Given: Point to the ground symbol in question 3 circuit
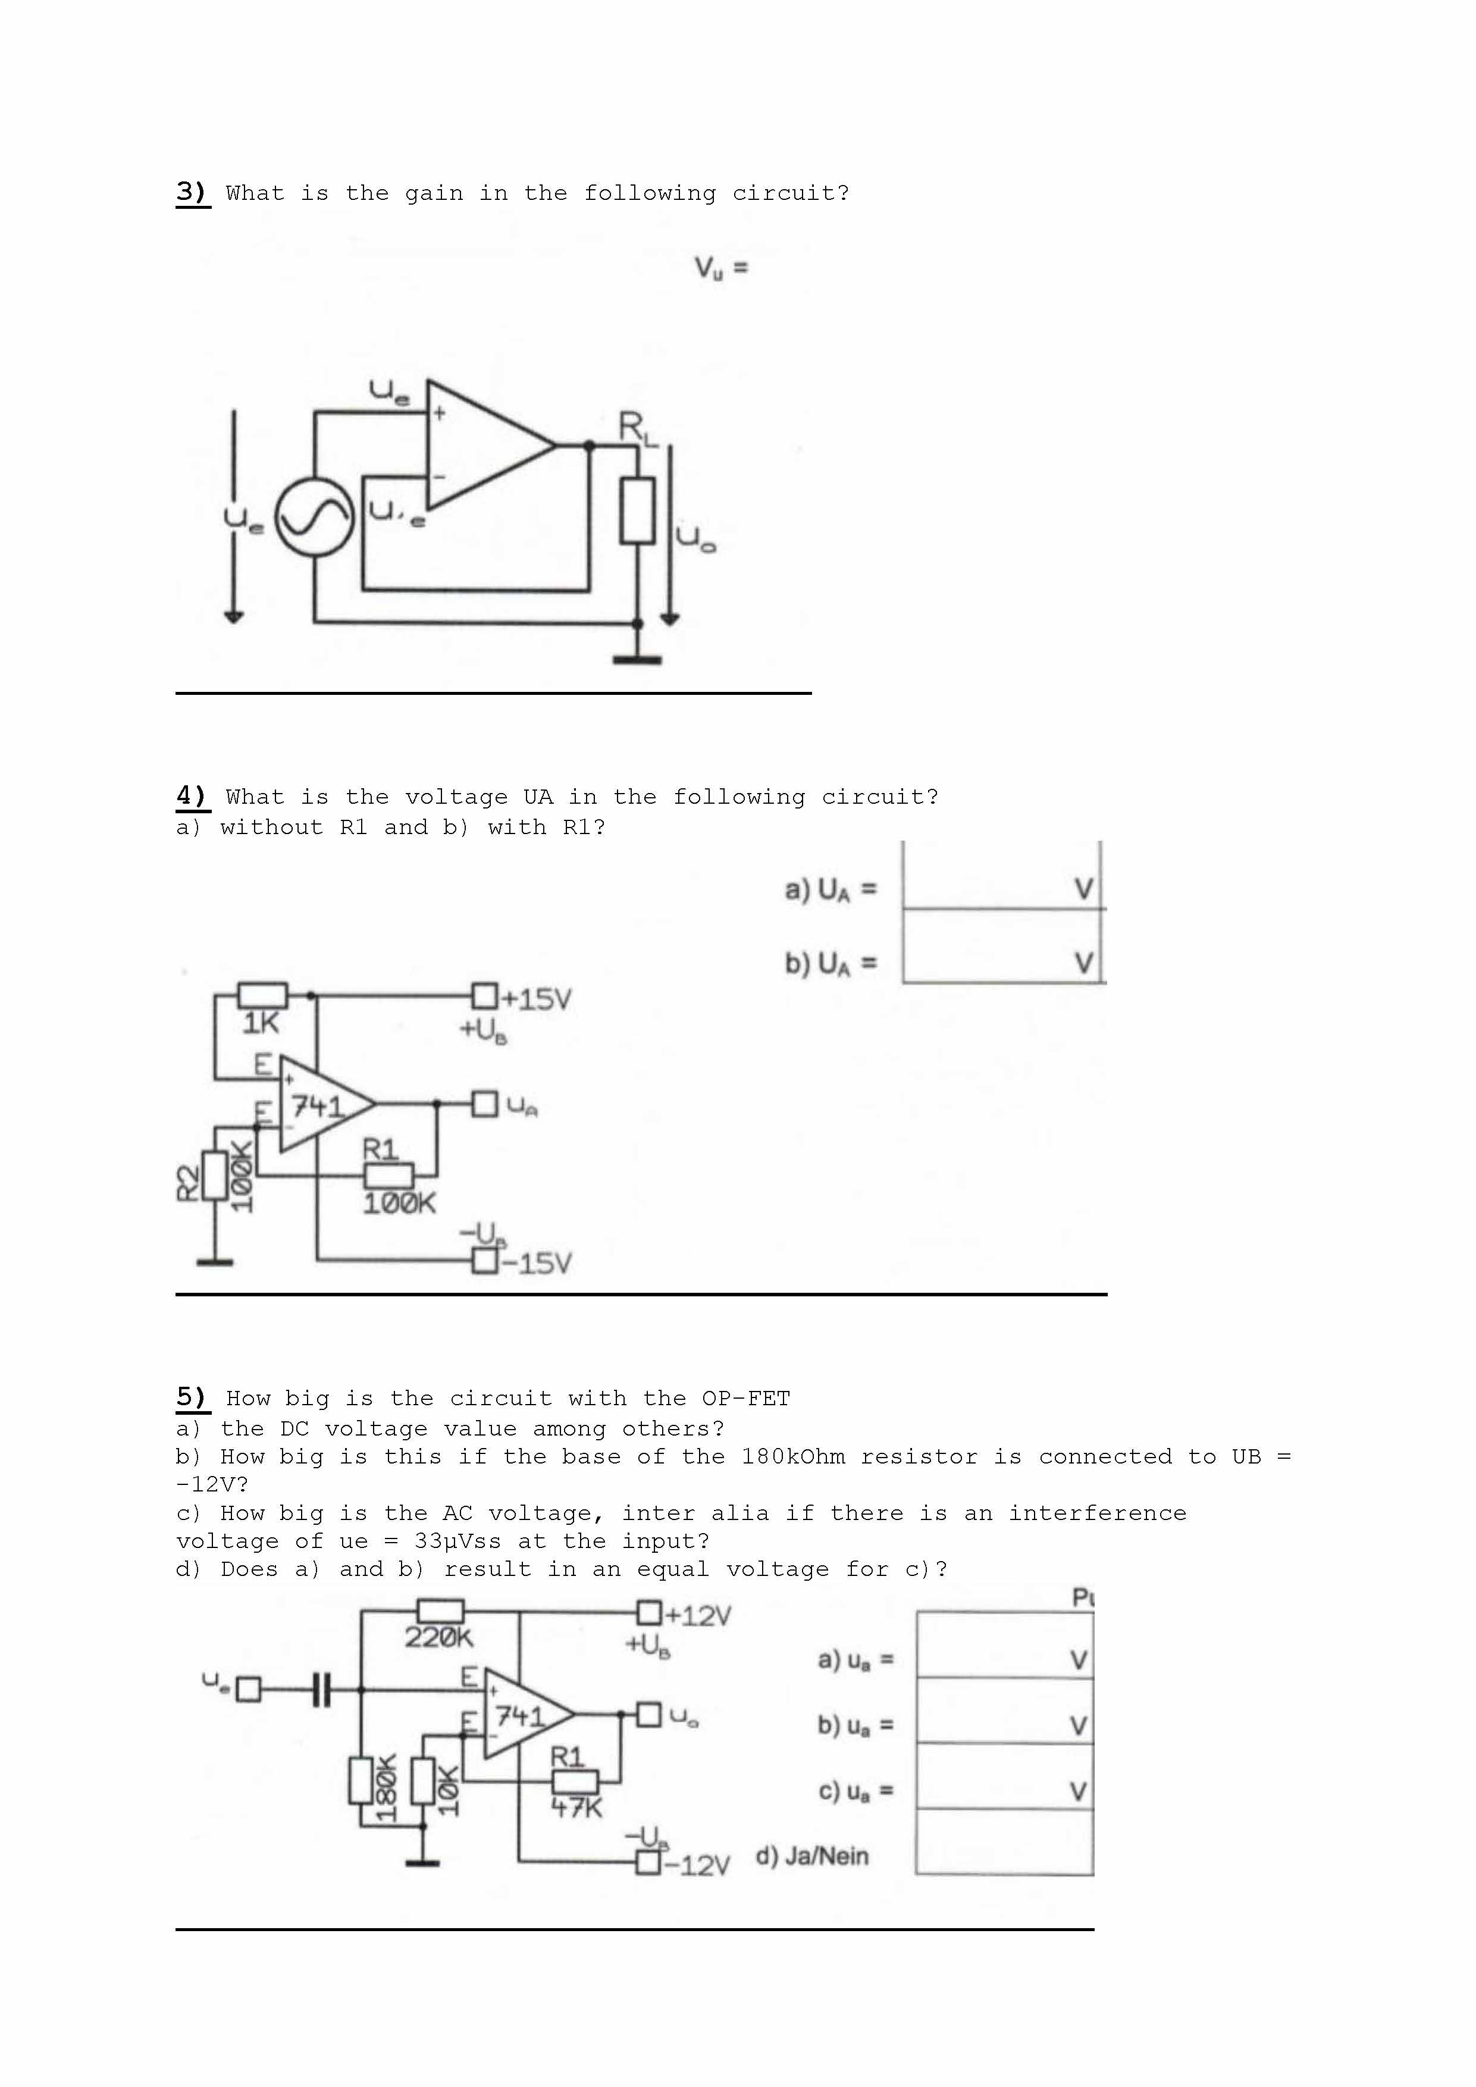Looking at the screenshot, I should click(x=637, y=658).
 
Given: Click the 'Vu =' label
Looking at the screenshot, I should click(x=720, y=268).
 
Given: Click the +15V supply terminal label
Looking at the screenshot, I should click(x=536, y=999).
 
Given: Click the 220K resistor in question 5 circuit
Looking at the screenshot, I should click(x=440, y=1612).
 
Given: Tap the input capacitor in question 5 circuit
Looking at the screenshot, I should click(x=320, y=1690).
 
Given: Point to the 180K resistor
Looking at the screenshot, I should click(x=362, y=1781).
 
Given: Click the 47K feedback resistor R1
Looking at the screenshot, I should click(x=575, y=1782).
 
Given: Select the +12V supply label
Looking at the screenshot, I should click(x=697, y=1615).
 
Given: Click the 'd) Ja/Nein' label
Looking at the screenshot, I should click(x=811, y=1855).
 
